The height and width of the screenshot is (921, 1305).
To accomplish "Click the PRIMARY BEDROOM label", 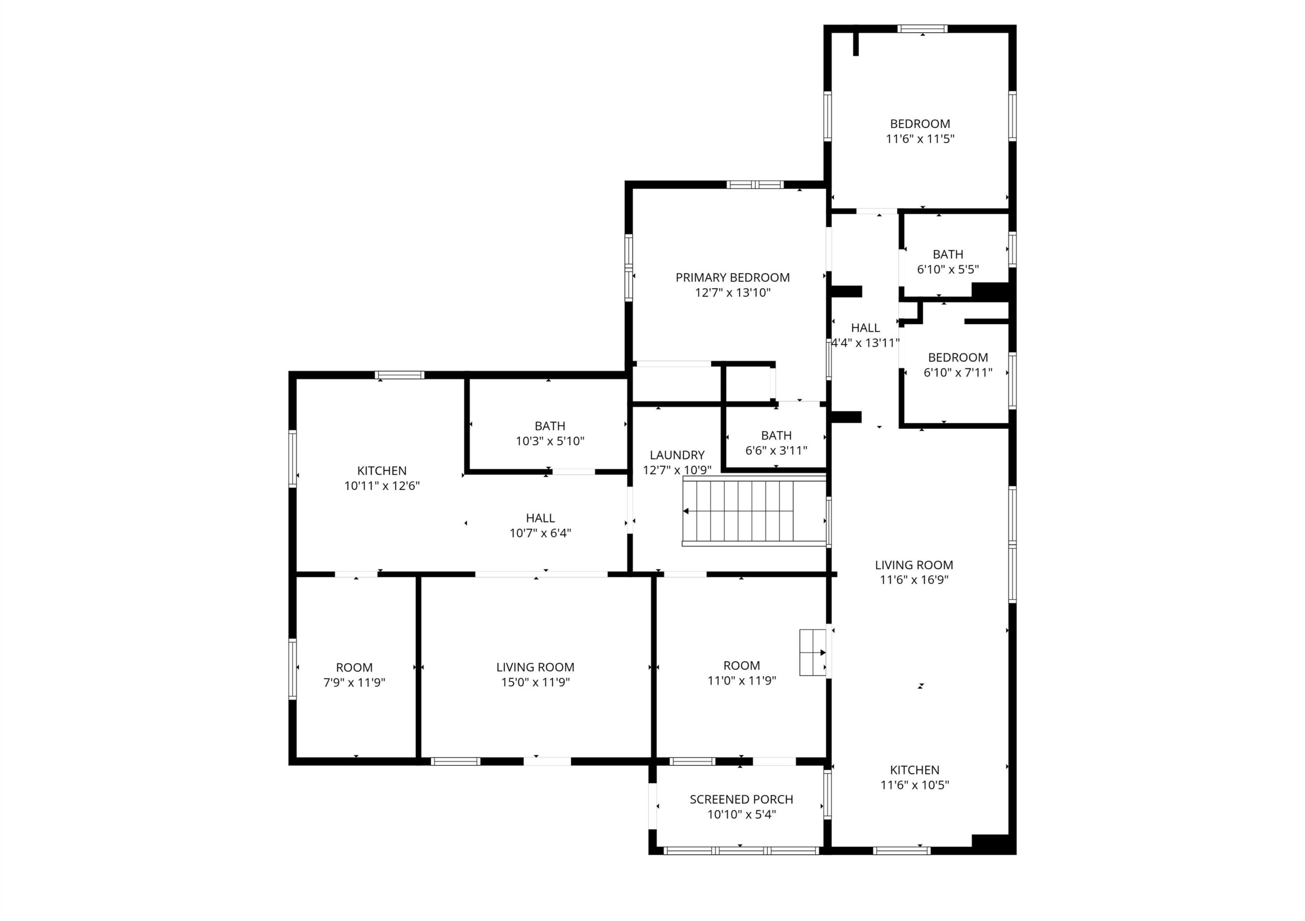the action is point(733,277).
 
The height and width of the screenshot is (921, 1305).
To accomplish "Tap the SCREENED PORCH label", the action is point(741,799).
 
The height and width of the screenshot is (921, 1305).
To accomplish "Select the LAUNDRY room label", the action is point(677,455).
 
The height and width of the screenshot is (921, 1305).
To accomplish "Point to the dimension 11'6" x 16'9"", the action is point(914,580).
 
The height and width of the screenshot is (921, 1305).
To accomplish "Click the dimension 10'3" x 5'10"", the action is point(550,441).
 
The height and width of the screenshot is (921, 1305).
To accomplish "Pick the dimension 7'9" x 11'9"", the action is point(354,682).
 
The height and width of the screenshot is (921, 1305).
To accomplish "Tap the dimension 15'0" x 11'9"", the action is point(535,682).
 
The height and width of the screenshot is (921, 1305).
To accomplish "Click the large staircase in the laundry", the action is point(754,511).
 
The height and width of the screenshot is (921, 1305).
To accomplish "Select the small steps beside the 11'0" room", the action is point(813,652).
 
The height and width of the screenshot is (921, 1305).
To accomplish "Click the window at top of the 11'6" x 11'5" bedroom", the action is point(923,29).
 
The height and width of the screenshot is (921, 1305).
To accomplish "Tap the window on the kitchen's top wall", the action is point(399,375).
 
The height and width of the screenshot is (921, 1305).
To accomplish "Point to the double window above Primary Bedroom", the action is point(755,184).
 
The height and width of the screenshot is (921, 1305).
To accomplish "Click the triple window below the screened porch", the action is point(741,851).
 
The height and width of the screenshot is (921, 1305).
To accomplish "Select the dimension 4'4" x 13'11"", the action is point(865,343).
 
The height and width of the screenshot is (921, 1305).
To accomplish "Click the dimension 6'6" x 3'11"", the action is point(776,450).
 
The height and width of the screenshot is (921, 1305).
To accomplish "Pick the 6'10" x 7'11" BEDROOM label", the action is point(958,357).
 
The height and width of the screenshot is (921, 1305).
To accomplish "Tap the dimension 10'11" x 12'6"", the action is point(382,485).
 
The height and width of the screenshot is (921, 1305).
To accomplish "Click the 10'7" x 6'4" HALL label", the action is point(540,518).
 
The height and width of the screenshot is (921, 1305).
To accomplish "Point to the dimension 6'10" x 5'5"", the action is point(948,269).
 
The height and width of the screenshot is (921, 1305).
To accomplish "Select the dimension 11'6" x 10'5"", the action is point(915,785).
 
